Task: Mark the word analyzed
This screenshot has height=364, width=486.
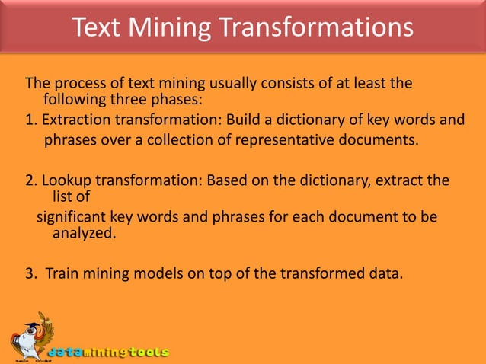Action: tap(85, 233)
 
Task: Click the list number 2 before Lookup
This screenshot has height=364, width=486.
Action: tap(30, 180)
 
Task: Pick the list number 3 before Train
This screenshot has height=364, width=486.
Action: tap(30, 273)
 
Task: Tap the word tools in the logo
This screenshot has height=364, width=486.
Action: tap(149, 353)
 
